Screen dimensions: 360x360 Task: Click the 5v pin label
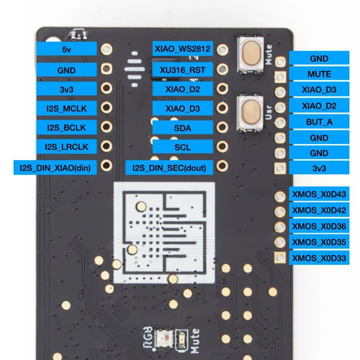point(67,50)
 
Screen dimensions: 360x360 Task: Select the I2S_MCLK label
point(67,108)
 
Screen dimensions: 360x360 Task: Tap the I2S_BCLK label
point(67,127)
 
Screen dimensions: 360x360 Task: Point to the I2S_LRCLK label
point(67,147)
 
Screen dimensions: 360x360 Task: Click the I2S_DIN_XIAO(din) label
point(55,168)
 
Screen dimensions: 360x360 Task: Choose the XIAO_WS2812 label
point(182,49)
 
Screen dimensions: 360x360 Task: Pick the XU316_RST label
point(182,69)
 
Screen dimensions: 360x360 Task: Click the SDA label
point(182,128)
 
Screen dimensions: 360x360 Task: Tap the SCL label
point(182,147)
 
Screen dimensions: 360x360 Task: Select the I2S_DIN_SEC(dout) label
point(169,168)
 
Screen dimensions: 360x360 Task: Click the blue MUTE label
point(319,74)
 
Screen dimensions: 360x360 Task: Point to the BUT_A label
point(319,122)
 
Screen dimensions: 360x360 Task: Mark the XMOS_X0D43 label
point(319,195)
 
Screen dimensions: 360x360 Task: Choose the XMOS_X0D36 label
point(319,226)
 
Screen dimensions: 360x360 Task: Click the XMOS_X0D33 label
point(319,258)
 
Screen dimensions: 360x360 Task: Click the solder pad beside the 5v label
point(107,49)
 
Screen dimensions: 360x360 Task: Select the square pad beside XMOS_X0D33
point(279,257)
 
